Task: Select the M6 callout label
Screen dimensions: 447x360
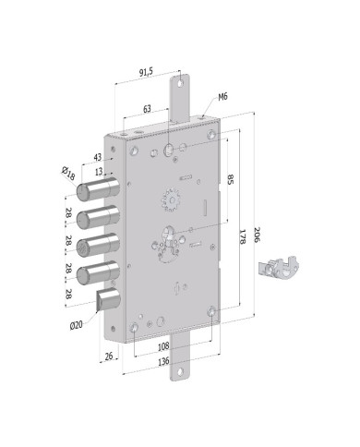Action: point(222,96)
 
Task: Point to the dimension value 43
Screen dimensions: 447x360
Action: point(98,157)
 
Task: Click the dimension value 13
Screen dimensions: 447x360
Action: point(98,172)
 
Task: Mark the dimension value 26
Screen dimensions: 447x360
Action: point(110,356)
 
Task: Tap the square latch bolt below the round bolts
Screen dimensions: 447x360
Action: point(108,300)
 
